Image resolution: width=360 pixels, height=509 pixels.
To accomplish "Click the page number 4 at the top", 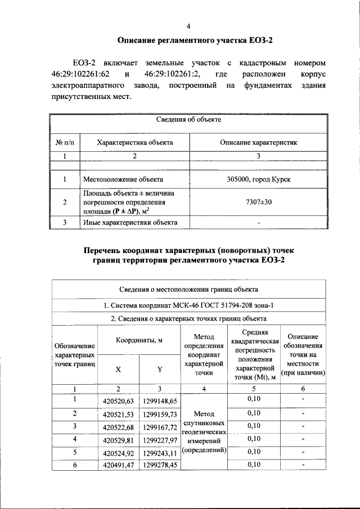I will (x=188, y=26).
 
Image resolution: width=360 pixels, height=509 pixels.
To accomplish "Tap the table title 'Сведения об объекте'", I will (x=188, y=120).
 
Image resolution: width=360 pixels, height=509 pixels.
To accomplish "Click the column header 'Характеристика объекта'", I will (x=135, y=143).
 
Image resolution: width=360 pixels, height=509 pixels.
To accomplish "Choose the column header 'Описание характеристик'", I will (x=258, y=143).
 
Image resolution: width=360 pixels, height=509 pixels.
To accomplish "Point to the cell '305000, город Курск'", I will (x=258, y=180).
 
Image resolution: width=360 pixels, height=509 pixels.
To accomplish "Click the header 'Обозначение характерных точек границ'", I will (x=74, y=356).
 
